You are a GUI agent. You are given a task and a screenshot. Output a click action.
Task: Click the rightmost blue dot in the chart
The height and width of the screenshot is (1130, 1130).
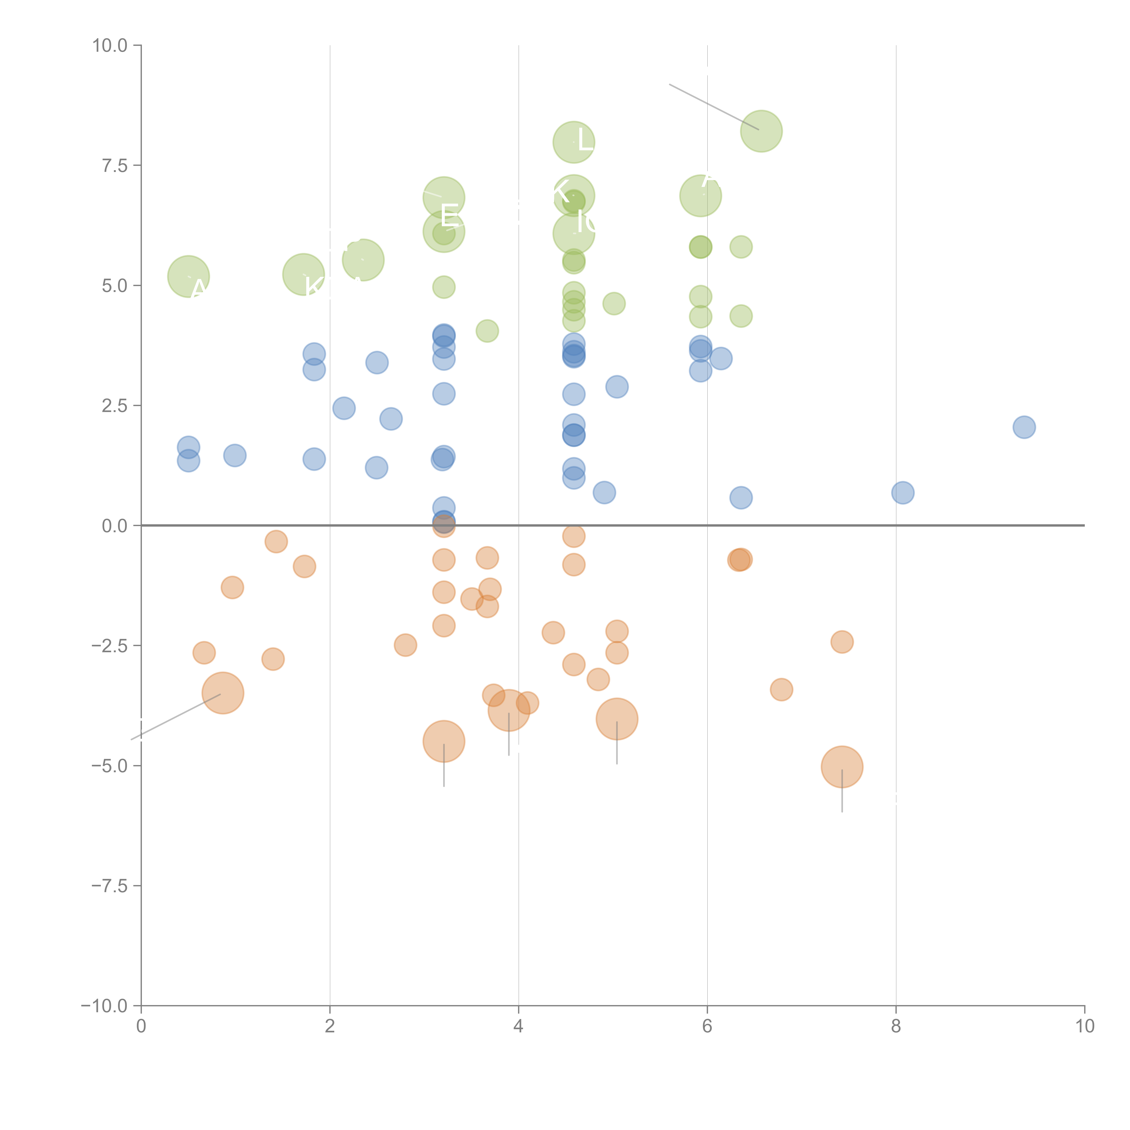click(x=1024, y=427)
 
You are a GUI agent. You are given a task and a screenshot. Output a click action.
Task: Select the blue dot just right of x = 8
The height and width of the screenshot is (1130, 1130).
click(x=902, y=492)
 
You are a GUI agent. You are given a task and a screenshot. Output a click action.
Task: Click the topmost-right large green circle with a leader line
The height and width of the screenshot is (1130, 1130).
click(x=761, y=131)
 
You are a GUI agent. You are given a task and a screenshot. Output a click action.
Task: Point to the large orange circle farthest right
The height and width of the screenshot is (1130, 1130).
click(x=842, y=767)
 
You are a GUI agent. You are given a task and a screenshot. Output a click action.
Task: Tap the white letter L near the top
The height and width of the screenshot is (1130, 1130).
click(x=585, y=139)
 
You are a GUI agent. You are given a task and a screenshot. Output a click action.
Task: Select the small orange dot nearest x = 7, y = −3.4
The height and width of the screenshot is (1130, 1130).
click(x=782, y=690)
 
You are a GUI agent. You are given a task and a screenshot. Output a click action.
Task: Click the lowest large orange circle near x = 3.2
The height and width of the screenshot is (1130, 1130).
click(x=444, y=742)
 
